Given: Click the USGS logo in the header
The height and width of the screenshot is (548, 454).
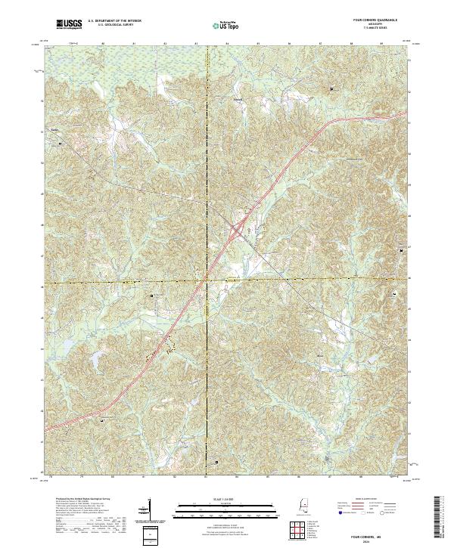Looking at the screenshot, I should tap(69, 24).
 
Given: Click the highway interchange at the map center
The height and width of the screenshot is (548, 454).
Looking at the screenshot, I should tap(238, 226).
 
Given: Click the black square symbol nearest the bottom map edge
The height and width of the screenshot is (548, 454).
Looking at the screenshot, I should tap(218, 461).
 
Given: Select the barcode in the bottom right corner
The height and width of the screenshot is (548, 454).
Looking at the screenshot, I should tap(440, 518).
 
